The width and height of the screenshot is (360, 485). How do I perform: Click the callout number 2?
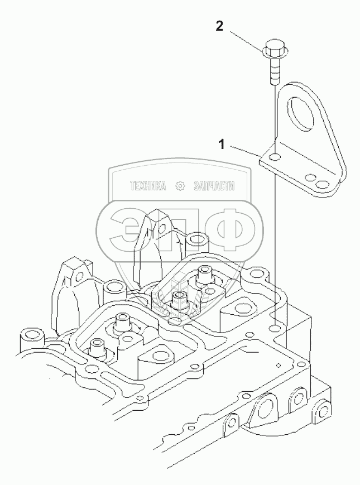click(x=220, y=26)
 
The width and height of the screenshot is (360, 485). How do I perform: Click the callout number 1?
click(x=222, y=145)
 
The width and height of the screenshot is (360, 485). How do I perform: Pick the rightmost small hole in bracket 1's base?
click(x=322, y=183)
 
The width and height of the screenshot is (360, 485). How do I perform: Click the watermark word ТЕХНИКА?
click(x=148, y=186)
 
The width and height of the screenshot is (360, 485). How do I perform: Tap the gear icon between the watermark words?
click(x=180, y=186)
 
